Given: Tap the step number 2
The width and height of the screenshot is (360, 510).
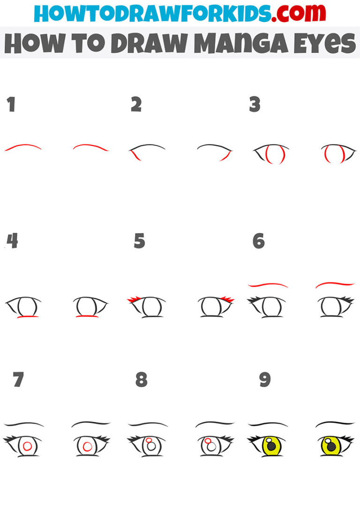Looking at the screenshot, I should coord(136,105).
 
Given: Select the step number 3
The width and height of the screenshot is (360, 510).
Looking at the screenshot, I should coord(255,105).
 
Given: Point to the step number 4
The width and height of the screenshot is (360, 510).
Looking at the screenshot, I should coord(12,241).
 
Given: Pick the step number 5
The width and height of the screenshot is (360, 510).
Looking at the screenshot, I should coord(139,241).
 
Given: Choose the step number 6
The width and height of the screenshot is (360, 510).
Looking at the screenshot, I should coord(258,241).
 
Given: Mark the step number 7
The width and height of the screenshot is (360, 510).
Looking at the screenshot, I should coord(18,380).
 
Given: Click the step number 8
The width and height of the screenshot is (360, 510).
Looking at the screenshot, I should coord(141,380).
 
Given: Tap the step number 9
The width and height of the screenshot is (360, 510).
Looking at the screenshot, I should coord(265,380).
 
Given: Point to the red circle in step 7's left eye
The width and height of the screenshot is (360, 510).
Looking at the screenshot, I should coord(27,446).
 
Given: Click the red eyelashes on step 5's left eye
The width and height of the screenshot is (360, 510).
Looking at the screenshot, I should coord(134,299).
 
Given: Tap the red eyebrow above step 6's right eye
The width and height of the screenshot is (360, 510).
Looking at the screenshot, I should coord(335,284).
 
